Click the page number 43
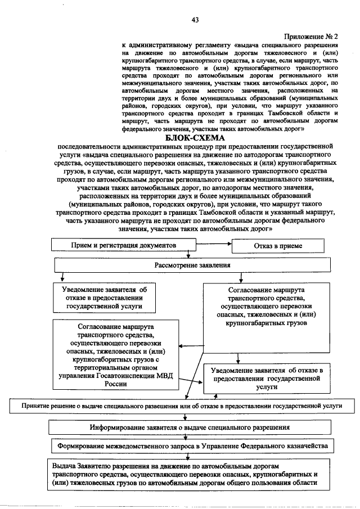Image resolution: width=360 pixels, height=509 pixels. click(x=195, y=20)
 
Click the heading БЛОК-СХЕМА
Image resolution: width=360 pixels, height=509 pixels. click(x=195, y=138)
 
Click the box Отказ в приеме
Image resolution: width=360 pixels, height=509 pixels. click(x=278, y=246)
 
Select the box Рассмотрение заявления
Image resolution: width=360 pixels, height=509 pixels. click(x=192, y=264)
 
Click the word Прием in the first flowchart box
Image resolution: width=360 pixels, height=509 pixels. click(x=81, y=245)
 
